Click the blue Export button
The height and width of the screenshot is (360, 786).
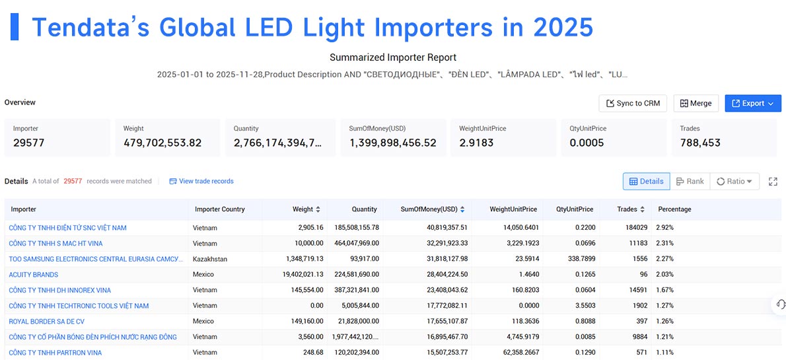pos(753,103)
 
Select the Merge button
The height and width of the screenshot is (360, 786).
pos(696,103)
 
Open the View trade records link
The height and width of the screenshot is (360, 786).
pos(201,181)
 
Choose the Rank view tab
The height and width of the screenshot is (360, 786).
pos(690,182)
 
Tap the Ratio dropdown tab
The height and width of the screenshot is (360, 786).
pos(734,182)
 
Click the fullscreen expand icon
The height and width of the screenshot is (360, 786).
pos(773,182)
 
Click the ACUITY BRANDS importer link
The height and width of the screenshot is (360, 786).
pos(34,275)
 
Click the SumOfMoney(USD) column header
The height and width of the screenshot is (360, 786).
pos(429,209)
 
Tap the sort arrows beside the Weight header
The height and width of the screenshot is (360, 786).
pos(318,209)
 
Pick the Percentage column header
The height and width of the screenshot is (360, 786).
pos(674,209)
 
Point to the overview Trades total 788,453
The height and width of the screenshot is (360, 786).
pos(700,143)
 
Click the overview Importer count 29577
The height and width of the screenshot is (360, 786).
pos(28,143)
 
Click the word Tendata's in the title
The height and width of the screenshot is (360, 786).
pos(90,28)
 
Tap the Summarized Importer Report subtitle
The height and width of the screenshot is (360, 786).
pos(393,57)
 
